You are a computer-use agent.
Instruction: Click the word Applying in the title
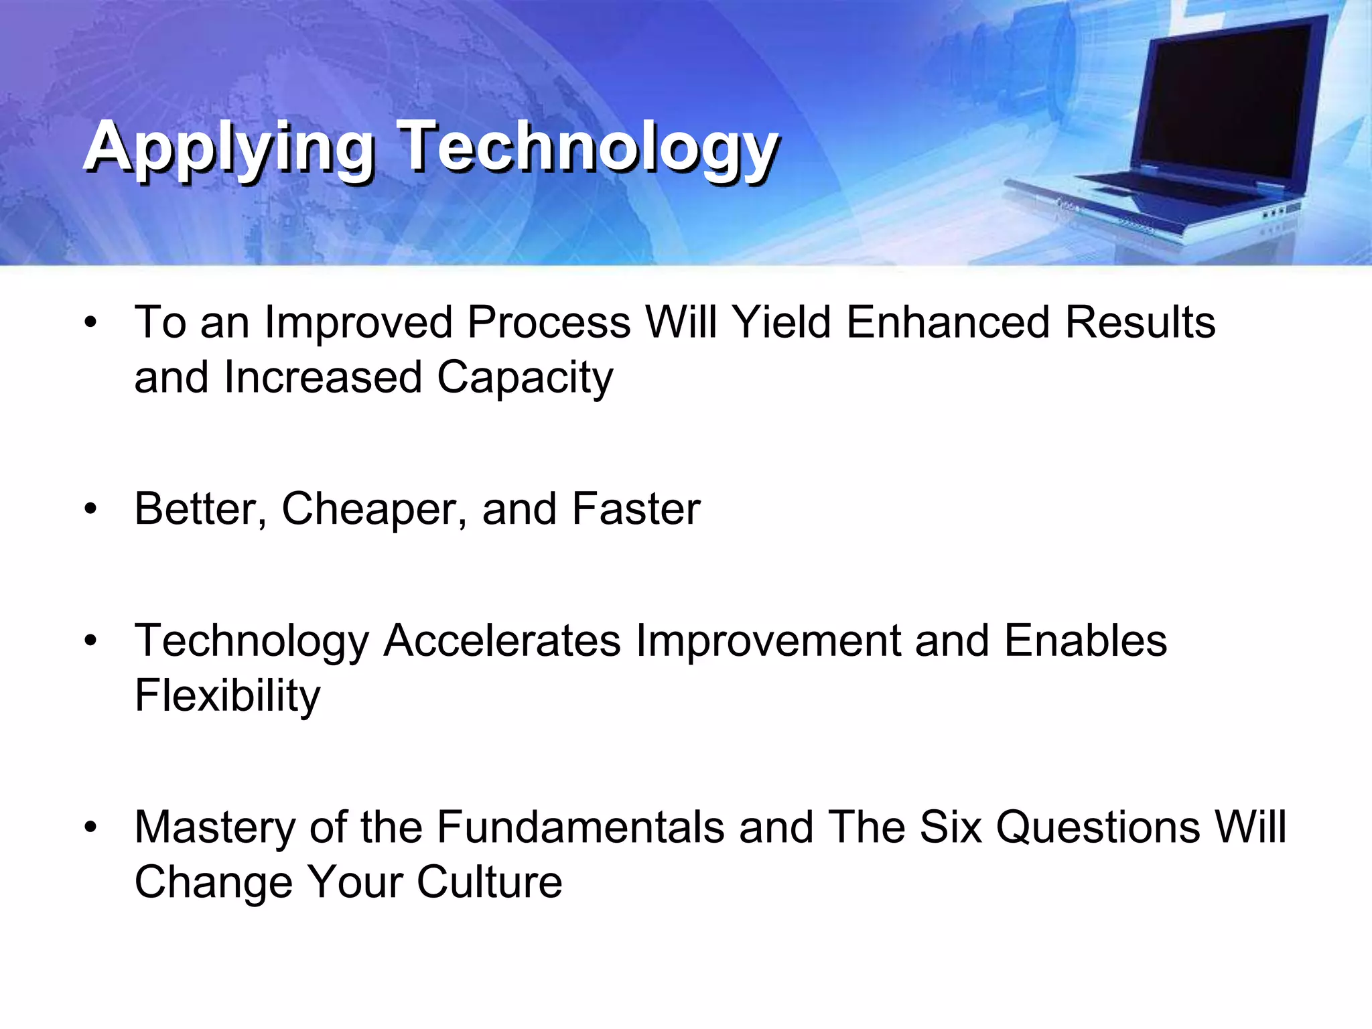point(228,149)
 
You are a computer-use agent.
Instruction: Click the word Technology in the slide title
point(588,149)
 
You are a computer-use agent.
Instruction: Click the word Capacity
point(525,378)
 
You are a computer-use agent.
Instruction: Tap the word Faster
point(636,509)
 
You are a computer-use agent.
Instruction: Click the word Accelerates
point(502,641)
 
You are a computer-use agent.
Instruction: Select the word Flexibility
point(228,696)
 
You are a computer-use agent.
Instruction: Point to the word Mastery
point(215,827)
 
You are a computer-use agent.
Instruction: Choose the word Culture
point(489,882)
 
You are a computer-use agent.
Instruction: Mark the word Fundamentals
point(580,827)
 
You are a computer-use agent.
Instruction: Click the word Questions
point(1099,827)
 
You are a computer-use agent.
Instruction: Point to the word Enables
point(1085,641)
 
